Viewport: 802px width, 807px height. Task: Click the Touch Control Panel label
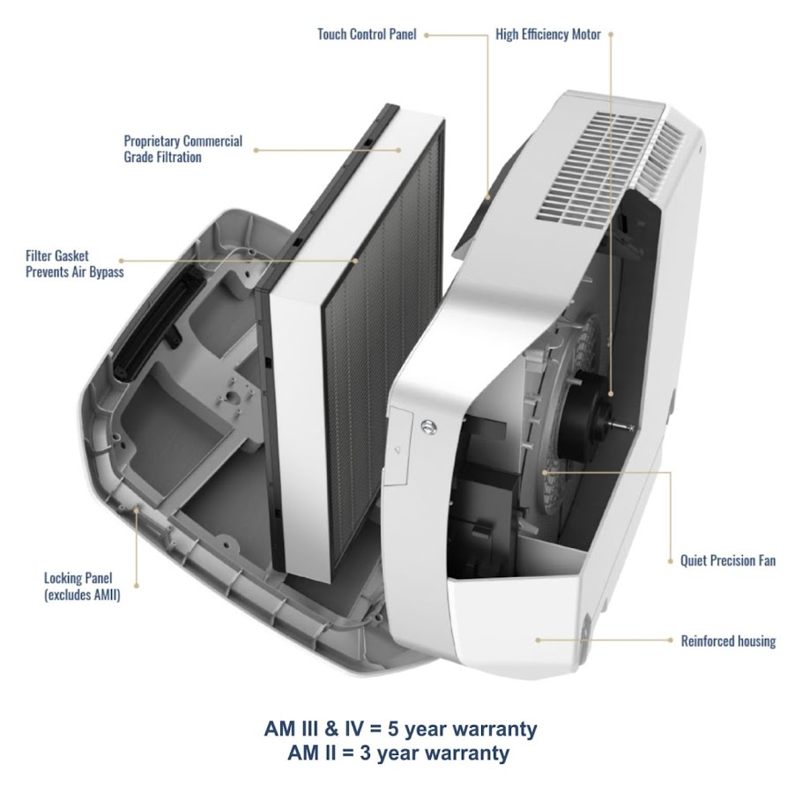tap(367, 35)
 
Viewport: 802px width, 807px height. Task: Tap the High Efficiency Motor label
tap(547, 35)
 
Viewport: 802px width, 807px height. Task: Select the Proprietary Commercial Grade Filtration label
tap(182, 149)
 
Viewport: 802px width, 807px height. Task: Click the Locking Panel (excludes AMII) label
tap(82, 587)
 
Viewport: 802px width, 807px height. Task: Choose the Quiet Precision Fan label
tap(728, 560)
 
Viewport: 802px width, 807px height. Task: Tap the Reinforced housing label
tap(728, 640)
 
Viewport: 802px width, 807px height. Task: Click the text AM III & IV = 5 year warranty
tap(400, 729)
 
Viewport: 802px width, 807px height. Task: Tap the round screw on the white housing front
tap(428, 426)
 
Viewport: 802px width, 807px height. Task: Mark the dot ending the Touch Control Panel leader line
tap(427, 35)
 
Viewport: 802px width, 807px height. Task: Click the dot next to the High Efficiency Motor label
tap(611, 35)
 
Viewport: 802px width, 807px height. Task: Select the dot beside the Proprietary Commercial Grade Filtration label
tap(256, 150)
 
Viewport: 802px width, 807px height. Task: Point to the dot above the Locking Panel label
tap(137, 508)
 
